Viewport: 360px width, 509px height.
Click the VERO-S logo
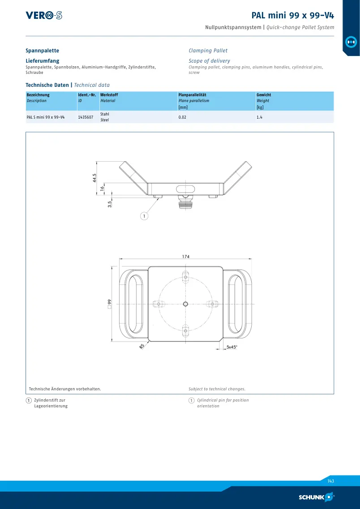44,15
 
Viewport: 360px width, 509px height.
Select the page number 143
330,481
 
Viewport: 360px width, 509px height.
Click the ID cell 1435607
86,117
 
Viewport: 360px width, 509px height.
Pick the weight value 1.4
259,117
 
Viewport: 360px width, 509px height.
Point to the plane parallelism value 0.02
182,117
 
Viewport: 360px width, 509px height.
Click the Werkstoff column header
109,95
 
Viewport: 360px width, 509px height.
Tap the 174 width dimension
185,257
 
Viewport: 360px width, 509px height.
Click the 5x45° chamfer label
232,347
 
